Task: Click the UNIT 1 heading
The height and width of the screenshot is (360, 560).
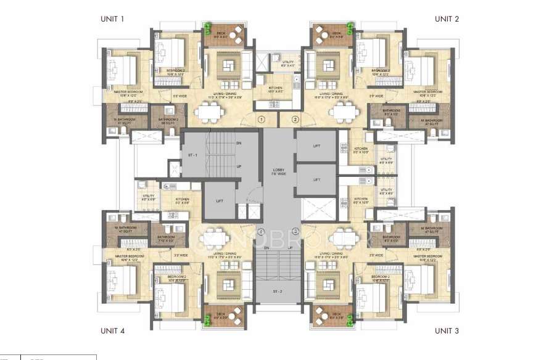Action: pos(112,18)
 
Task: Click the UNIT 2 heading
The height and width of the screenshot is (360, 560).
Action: pos(447,18)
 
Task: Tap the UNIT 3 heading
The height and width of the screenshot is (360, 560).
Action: pos(447,331)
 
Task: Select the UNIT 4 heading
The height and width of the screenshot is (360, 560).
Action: pos(112,331)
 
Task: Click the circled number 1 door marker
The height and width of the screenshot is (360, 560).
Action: pos(261,119)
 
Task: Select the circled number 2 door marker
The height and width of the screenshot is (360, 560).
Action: pos(295,119)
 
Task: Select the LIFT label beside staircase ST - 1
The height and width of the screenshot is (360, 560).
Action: pos(218,201)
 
